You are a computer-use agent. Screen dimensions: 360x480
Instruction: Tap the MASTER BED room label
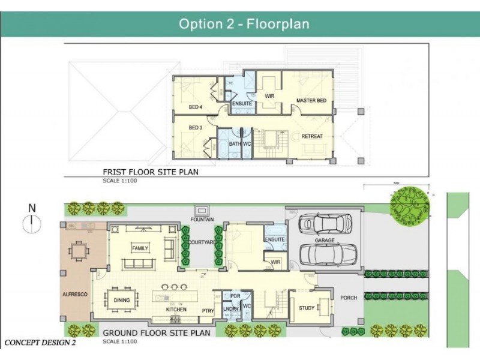click(311, 100)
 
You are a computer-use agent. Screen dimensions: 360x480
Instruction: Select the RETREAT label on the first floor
click(311, 136)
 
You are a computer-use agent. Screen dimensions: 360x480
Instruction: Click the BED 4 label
click(195, 107)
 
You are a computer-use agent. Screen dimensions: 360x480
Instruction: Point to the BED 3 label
click(195, 128)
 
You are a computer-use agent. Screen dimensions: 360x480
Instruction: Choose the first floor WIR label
click(269, 95)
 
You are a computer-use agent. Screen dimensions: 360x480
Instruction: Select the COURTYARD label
click(201, 242)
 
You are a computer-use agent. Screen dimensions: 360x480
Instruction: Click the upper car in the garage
click(325, 224)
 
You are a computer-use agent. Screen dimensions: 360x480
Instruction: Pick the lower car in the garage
click(328, 253)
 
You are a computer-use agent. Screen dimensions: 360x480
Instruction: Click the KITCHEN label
click(176, 310)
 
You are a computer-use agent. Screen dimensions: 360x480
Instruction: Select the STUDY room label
click(307, 308)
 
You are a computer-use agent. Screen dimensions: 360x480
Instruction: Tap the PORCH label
click(349, 298)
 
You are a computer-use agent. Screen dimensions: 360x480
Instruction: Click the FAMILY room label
click(140, 248)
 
